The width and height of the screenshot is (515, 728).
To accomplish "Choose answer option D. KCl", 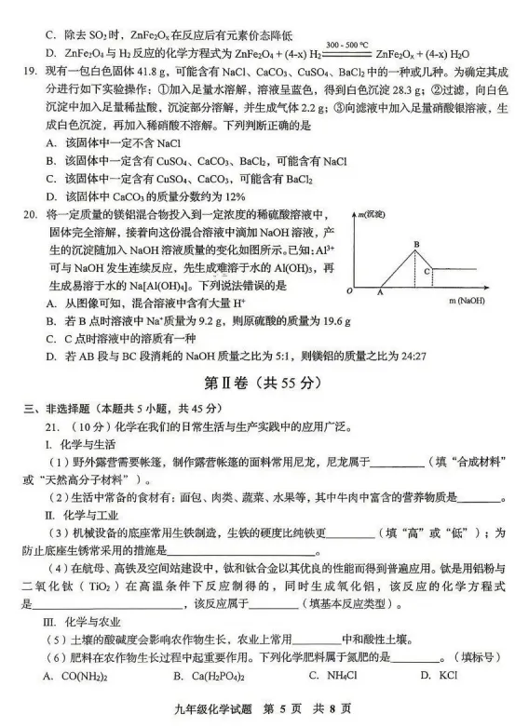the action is click(430, 676).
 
